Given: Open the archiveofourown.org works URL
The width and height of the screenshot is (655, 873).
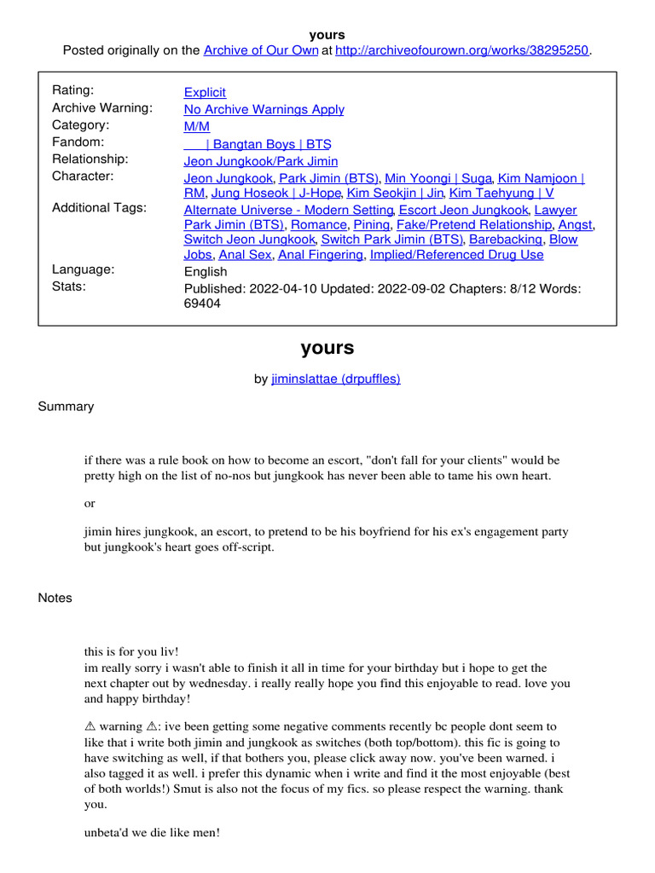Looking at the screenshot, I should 462,50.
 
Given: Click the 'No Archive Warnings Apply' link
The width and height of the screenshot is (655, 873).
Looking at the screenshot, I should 264,109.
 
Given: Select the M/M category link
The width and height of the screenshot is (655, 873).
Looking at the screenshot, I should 196,126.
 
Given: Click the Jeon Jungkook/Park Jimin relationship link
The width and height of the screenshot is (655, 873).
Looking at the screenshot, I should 261,161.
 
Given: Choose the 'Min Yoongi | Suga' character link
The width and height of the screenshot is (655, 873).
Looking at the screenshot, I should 438,178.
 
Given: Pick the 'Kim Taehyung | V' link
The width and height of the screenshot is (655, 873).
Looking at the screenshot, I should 501,194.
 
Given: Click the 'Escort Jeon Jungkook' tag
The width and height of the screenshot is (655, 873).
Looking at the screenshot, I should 464,210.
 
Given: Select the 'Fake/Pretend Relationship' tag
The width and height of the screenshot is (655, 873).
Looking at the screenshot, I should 474,225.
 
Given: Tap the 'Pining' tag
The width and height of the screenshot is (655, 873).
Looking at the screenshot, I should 372,225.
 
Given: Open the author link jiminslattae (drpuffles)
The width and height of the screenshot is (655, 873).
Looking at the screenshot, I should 335,379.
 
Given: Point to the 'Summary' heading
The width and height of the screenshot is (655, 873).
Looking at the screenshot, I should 66,407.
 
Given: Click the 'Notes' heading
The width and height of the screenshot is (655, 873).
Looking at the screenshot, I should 55,598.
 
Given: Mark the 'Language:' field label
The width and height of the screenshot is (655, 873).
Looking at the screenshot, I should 84,269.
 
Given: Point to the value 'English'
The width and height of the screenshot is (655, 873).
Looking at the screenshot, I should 206,272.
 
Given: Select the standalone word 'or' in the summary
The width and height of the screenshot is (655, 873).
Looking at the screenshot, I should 90,504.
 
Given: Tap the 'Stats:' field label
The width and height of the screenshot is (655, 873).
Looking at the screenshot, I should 69,286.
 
